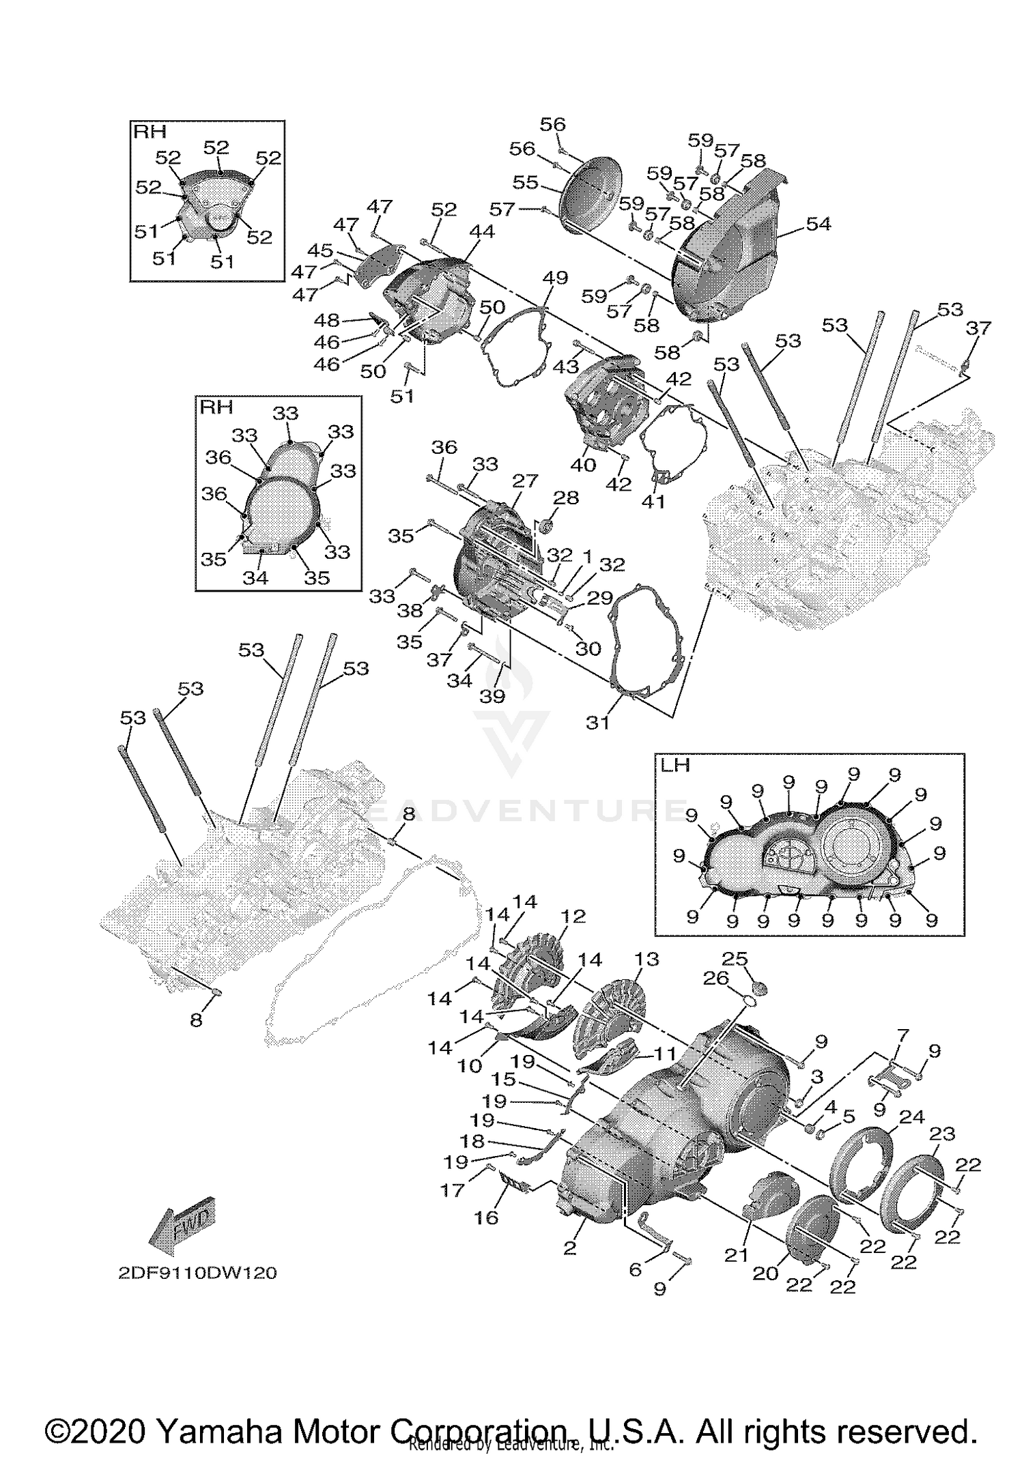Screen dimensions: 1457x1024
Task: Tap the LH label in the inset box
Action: pyautogui.click(x=675, y=765)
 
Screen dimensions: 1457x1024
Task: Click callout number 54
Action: pyautogui.click(x=818, y=224)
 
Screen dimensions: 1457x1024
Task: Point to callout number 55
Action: pyautogui.click(x=526, y=183)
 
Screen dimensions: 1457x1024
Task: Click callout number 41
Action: pyautogui.click(x=653, y=502)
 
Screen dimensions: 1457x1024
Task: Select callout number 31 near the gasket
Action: pyautogui.click(x=597, y=722)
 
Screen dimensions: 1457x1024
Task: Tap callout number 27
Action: pyautogui.click(x=525, y=480)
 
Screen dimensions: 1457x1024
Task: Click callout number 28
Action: pyautogui.click(x=566, y=497)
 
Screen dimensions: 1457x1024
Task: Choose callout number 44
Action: pyautogui.click(x=481, y=232)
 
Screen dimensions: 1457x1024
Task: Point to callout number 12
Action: pyautogui.click(x=573, y=916)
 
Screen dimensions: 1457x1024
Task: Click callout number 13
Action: pyautogui.click(x=646, y=959)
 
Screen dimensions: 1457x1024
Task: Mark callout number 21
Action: pyautogui.click(x=736, y=1255)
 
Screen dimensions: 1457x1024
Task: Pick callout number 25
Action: pyautogui.click(x=735, y=958)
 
